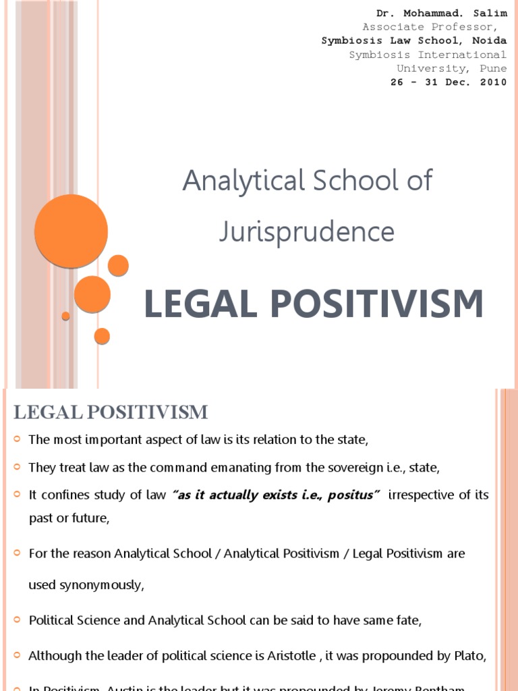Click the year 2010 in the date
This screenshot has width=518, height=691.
pos(493,82)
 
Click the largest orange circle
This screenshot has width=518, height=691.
pos(71,231)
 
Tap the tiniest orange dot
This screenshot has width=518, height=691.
pos(65,316)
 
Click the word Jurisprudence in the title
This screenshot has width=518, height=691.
pos(307,231)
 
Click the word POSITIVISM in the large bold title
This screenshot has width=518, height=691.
pos(378,304)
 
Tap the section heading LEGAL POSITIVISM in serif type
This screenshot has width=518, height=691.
pos(111,412)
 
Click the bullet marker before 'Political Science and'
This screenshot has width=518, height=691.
pos(18,620)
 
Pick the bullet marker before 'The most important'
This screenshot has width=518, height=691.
pos(18,440)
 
